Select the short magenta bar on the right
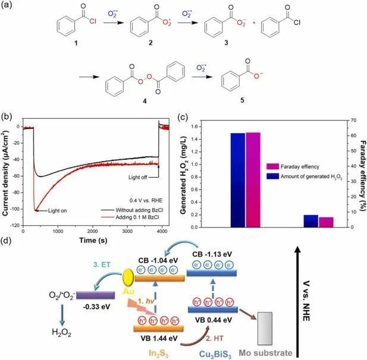(326, 222)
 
